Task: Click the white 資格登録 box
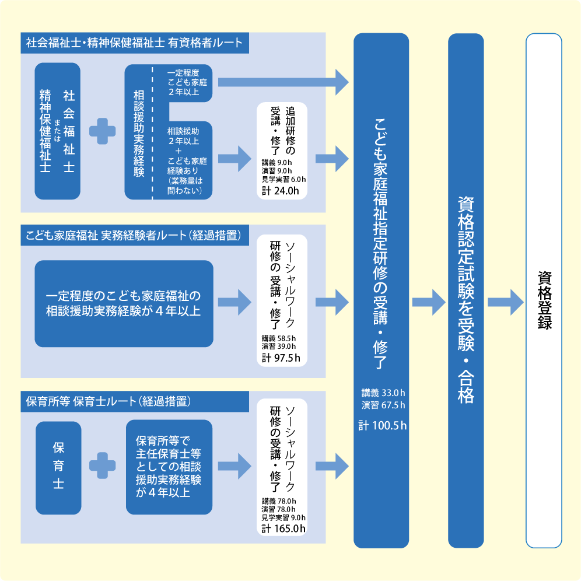point(544,290)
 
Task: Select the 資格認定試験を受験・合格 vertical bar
point(466,290)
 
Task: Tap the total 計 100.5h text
point(383,426)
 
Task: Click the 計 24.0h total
point(281,190)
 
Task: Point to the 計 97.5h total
point(281,358)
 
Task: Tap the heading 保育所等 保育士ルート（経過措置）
point(110,401)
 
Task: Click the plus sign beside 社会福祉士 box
point(103,131)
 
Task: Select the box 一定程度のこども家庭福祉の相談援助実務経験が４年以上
point(124,303)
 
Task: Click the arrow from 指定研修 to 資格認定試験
point(429,302)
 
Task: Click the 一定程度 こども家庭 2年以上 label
point(187,82)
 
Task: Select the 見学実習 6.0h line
point(283,179)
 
